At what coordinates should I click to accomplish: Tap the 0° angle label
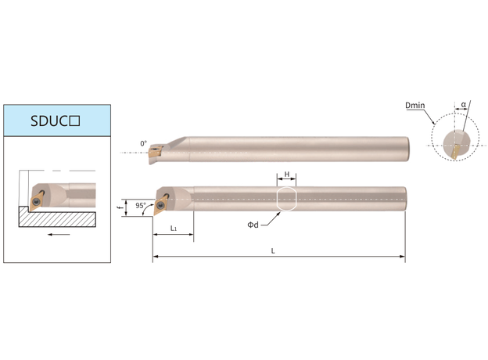click(x=143, y=143)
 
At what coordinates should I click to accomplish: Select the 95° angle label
click(x=140, y=206)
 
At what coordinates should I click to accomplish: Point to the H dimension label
click(x=287, y=174)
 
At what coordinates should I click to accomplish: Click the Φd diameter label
click(x=253, y=225)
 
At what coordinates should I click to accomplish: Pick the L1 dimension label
click(x=174, y=229)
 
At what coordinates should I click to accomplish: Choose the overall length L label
click(x=273, y=251)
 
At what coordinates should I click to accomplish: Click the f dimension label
click(x=121, y=207)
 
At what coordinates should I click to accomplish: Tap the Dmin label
click(x=415, y=105)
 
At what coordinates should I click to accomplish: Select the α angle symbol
click(x=464, y=104)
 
